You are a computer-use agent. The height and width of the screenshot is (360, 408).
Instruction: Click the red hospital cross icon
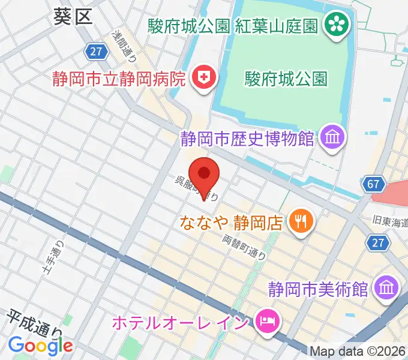pos(203,78)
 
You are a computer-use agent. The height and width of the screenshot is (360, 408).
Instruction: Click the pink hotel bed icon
pos(265,322)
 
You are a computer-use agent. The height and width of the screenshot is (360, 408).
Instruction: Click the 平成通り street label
pos(36,323)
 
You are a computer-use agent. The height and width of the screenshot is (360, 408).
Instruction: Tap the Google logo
pos(41,345)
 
